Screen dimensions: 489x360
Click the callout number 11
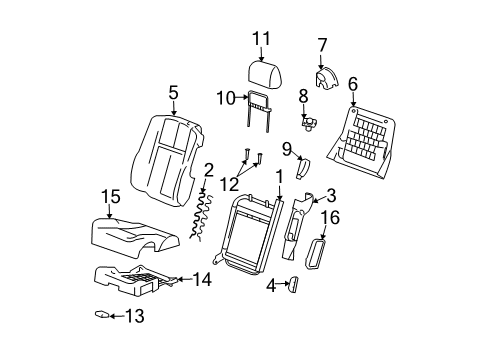(x=261, y=39)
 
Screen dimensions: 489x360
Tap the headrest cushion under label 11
(x=265, y=74)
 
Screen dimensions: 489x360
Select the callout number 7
(x=322, y=45)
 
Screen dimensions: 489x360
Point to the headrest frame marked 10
(x=258, y=110)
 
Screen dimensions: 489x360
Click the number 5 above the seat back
(x=173, y=92)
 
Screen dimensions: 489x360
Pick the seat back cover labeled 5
(x=168, y=160)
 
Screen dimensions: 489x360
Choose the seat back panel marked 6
(x=361, y=143)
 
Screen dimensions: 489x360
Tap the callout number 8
(x=303, y=96)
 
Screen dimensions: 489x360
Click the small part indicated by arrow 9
(x=302, y=169)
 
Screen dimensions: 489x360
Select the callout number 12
(x=229, y=184)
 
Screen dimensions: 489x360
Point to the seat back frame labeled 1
(x=248, y=234)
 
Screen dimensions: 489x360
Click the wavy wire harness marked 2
(x=202, y=215)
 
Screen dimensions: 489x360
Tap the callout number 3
(x=331, y=196)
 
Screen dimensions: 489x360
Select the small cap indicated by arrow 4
(x=294, y=285)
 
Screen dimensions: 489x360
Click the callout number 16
(x=330, y=217)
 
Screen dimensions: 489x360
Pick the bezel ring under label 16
(x=315, y=254)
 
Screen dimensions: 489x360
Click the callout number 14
(x=202, y=279)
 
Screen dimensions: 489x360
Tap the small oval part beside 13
(x=102, y=314)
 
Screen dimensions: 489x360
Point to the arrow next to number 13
(x=116, y=316)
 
